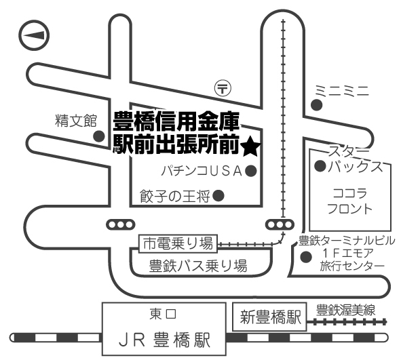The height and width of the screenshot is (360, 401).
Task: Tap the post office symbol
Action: [x=223, y=88]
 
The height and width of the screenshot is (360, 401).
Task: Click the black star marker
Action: [x=250, y=148]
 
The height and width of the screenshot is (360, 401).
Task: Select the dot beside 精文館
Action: [x=99, y=136]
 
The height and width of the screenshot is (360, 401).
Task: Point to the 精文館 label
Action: [x=76, y=121]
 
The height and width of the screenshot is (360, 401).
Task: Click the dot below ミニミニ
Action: [x=316, y=105]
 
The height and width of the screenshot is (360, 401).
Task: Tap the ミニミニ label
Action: [x=342, y=91]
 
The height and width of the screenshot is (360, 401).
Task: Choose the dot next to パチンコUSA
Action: [x=251, y=171]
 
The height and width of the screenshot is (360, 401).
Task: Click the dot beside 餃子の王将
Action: [x=218, y=196]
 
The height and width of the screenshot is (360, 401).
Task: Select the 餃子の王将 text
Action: [x=175, y=197]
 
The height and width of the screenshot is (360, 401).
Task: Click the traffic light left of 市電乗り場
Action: [x=121, y=225]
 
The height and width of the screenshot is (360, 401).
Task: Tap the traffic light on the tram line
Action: [x=280, y=225]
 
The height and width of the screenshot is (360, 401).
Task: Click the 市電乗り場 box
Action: [x=178, y=243]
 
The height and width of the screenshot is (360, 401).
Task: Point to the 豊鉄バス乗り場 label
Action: [x=198, y=266]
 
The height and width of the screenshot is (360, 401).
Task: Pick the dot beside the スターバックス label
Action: [x=320, y=166]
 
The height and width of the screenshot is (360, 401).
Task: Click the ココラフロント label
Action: [x=350, y=201]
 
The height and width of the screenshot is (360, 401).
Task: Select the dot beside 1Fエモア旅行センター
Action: [x=306, y=257]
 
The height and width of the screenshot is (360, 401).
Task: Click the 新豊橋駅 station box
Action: [x=269, y=317]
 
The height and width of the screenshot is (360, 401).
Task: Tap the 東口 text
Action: [x=163, y=314]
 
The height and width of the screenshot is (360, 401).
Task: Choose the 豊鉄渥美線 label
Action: [x=345, y=310]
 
